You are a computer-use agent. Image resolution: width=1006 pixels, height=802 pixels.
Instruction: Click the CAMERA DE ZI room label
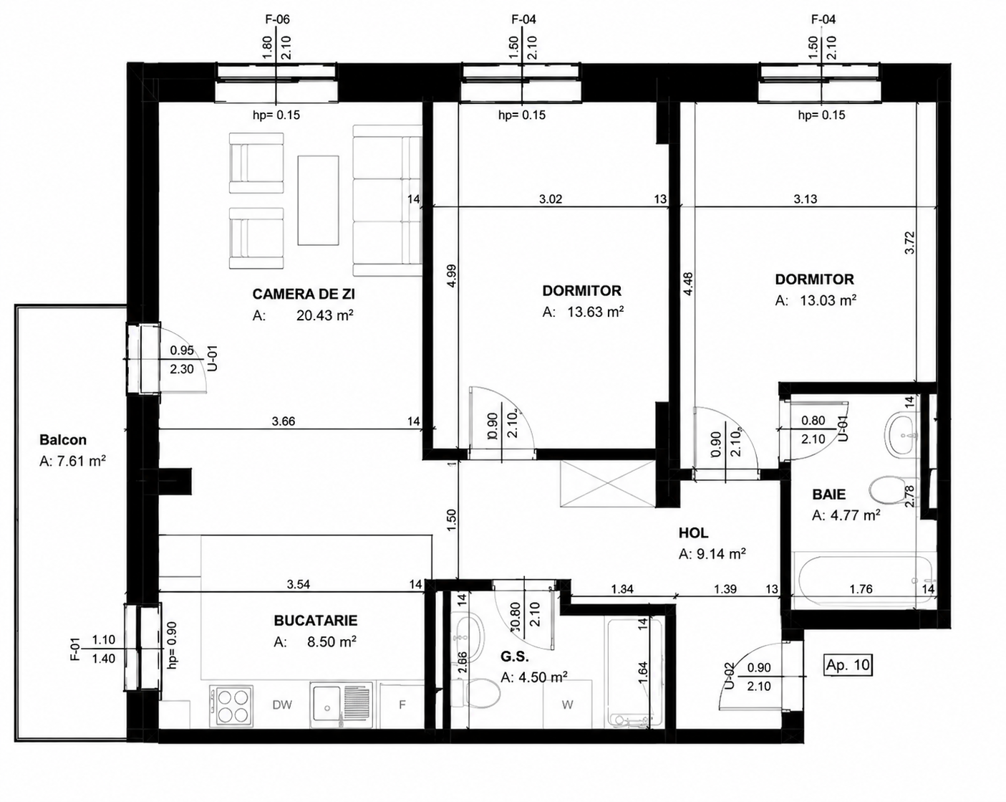tap(304, 294)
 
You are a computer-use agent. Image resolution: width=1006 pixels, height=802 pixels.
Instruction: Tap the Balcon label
tap(63, 440)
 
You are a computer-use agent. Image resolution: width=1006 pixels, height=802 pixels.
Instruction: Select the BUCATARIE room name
tap(316, 621)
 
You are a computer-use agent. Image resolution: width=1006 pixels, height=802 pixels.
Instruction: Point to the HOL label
tap(693, 533)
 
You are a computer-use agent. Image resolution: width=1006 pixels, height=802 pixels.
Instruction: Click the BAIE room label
tap(829, 494)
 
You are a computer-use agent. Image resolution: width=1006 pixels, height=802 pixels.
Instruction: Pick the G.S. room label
tap(515, 657)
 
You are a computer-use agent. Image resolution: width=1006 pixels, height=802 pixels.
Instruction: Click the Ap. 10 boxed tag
tap(848, 665)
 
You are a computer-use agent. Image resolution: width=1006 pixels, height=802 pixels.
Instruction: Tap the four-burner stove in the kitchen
tap(231, 706)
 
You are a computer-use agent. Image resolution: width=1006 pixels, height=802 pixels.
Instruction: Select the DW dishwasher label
tap(282, 705)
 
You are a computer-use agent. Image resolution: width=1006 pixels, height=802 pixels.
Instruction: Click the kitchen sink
tap(342, 705)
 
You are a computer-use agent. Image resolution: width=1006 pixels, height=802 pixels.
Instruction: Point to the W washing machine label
tap(567, 705)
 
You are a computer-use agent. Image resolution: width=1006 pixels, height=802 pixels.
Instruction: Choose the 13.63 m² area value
tap(596, 312)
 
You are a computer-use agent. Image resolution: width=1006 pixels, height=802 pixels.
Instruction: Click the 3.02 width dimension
tap(551, 199)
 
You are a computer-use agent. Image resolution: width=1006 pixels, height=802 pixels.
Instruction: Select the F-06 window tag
tap(276, 19)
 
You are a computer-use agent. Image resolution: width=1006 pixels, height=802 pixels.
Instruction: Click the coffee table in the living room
tap(319, 200)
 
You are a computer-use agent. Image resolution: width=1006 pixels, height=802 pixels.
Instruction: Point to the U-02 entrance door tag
tap(729, 676)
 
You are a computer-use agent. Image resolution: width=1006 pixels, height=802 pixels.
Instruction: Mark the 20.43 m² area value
tap(324, 315)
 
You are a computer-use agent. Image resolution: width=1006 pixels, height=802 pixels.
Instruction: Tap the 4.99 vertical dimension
tap(452, 276)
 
